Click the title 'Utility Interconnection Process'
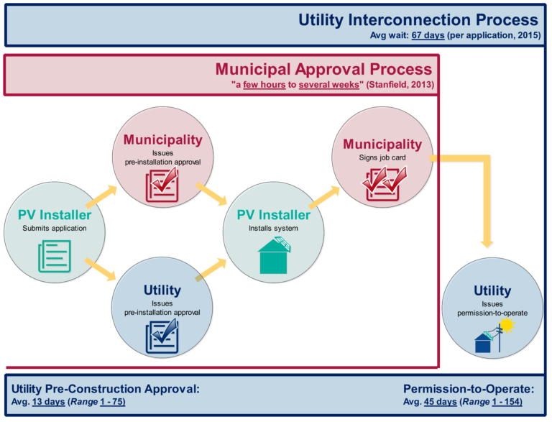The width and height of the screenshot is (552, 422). (x=418, y=20)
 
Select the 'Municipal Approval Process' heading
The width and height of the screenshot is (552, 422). (x=323, y=69)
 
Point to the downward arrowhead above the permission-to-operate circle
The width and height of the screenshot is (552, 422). (x=487, y=239)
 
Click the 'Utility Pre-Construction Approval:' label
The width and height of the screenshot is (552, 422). (x=106, y=389)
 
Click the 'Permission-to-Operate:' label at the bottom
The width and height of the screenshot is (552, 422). (x=468, y=389)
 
